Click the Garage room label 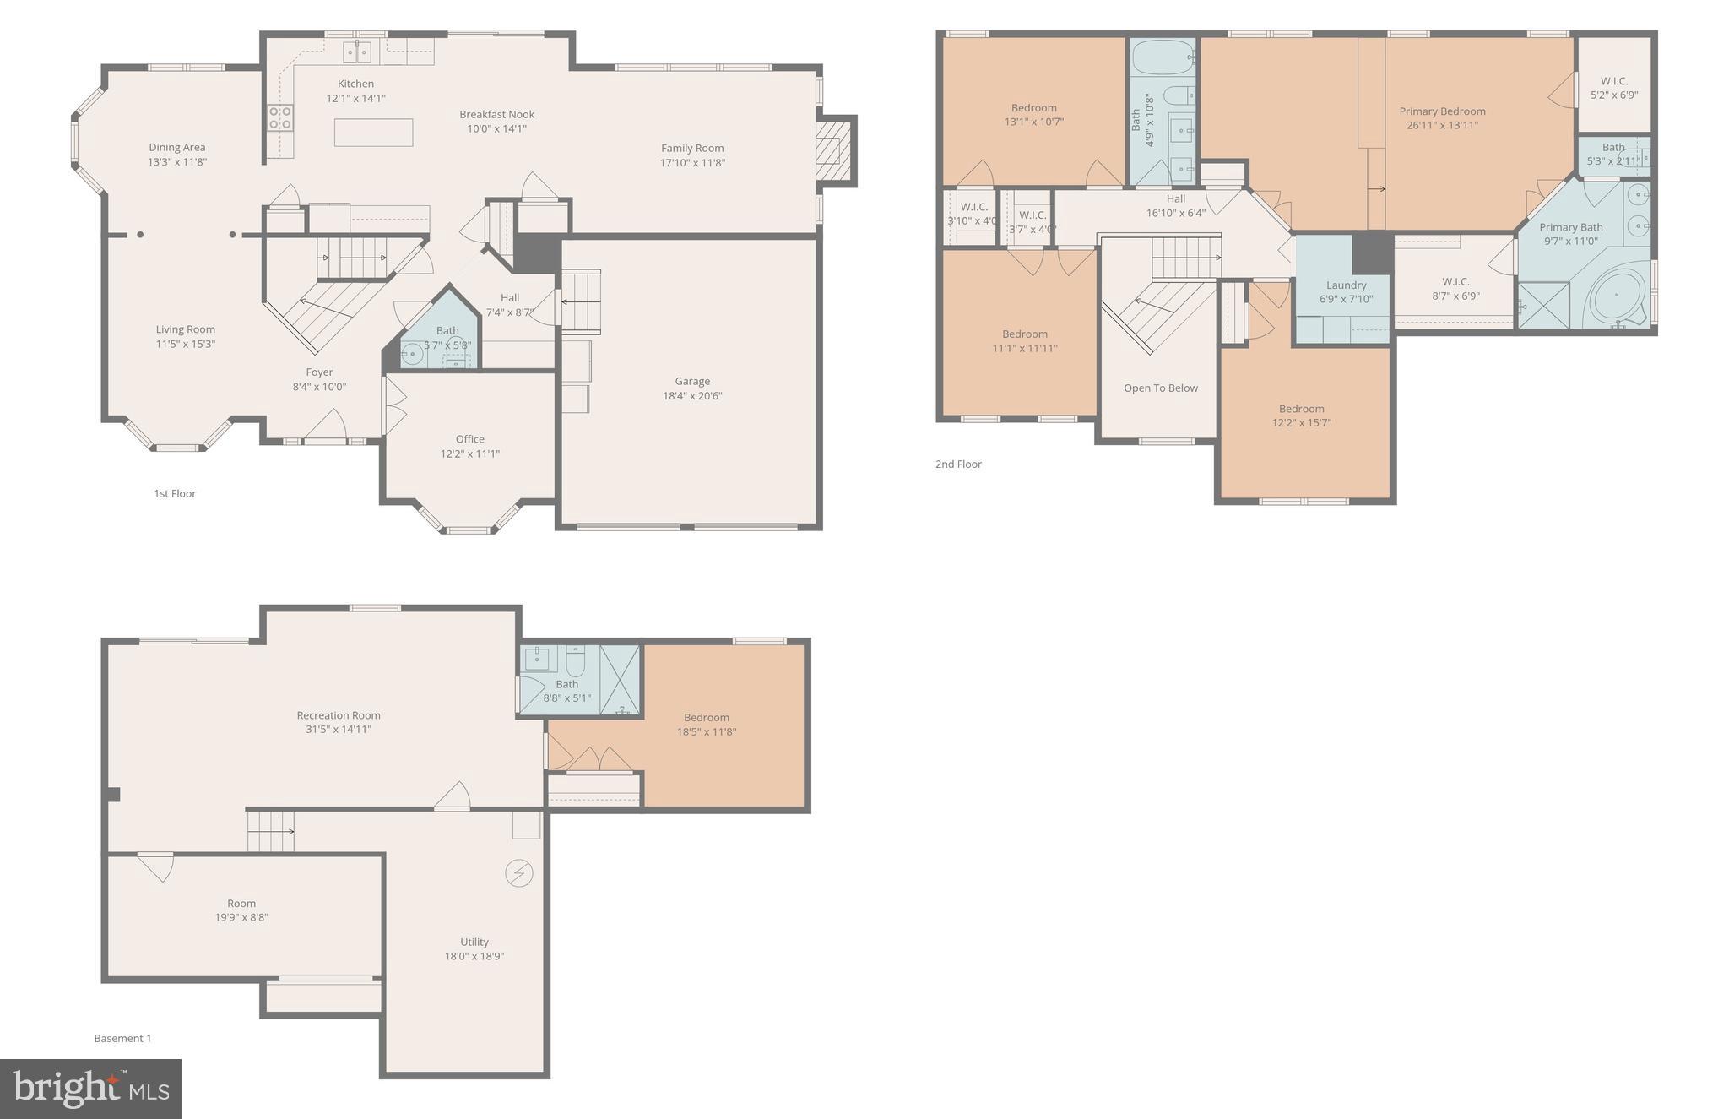(x=692, y=381)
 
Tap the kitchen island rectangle (x=373, y=133)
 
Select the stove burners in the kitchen (x=280, y=117)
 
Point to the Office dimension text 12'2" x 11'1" (x=469, y=454)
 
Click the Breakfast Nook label (x=496, y=114)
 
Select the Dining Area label (x=176, y=147)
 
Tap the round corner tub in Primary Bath (x=1617, y=296)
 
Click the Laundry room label (x=1346, y=285)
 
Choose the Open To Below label (x=1160, y=388)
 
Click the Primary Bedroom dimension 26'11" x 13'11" (x=1442, y=125)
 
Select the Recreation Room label (x=339, y=714)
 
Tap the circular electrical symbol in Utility (x=518, y=872)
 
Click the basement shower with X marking (x=620, y=680)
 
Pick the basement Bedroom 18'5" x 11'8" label (x=706, y=717)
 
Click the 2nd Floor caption (x=958, y=464)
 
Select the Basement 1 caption (x=122, y=1038)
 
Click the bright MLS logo (x=90, y=1088)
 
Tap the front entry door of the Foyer (x=325, y=426)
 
